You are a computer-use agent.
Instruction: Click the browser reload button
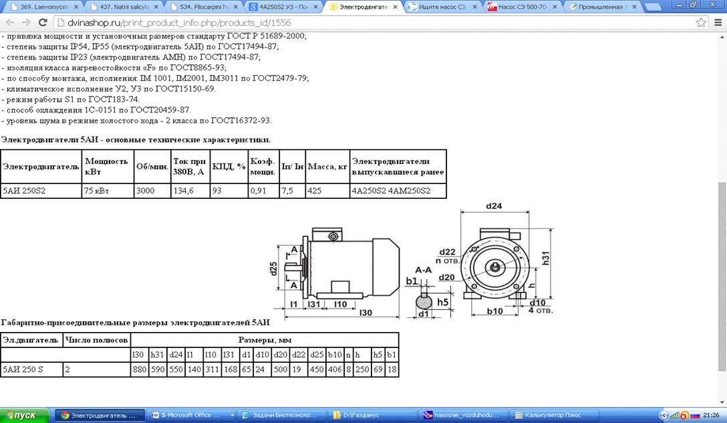click(43, 23)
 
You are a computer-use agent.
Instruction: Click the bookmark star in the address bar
click(701, 23)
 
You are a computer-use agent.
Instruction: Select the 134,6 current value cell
click(190, 191)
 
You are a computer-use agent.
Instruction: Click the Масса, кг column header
click(327, 166)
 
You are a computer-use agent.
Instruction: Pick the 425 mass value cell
click(327, 191)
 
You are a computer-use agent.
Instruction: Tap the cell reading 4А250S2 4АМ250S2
click(398, 191)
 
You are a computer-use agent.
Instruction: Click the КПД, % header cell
click(229, 166)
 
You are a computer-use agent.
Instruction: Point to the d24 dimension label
click(494, 205)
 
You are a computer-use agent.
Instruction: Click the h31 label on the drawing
click(546, 258)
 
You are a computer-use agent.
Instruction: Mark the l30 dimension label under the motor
click(366, 313)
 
